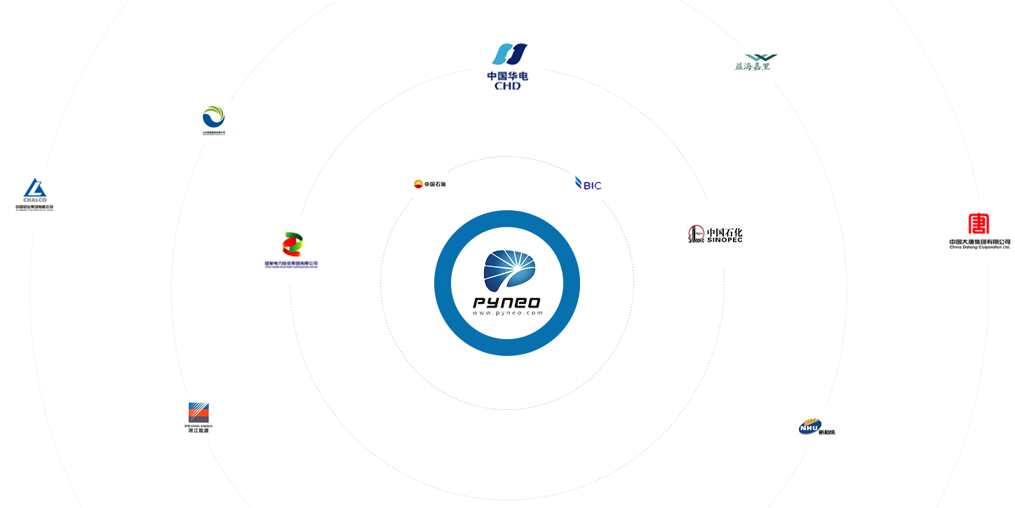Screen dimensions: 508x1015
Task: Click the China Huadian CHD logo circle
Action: [507, 65]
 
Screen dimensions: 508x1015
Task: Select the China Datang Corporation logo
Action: [979, 233]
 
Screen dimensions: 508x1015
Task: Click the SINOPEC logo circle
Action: [715, 234]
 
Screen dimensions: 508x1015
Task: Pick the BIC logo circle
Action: [588, 184]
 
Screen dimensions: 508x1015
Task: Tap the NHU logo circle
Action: [816, 427]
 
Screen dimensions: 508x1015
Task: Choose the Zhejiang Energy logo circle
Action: [199, 418]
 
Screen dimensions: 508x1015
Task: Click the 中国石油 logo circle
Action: [429, 184]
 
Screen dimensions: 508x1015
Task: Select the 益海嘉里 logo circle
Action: [755, 62]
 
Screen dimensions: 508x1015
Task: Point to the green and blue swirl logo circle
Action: [214, 120]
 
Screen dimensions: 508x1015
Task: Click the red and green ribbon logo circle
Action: [292, 251]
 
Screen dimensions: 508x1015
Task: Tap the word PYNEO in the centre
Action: [506, 303]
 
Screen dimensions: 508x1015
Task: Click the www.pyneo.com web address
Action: [506, 313]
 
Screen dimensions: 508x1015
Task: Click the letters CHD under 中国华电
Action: [507, 85]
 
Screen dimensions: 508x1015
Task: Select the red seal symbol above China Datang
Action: [979, 224]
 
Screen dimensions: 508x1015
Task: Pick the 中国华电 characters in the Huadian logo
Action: [507, 74]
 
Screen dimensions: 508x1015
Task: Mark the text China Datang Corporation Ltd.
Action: [979, 247]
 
